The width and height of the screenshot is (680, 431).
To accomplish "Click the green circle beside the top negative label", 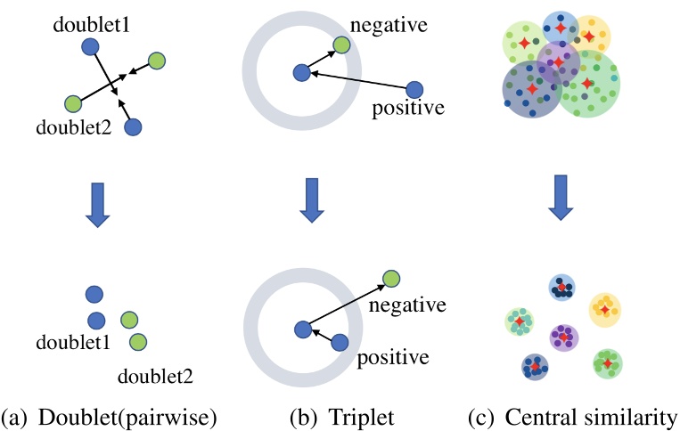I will coord(341,45).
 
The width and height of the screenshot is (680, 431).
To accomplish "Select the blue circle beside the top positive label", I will coord(414,89).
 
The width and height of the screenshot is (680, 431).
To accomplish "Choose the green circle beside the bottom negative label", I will coord(389,280).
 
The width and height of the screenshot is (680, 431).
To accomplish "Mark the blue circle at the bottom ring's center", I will coord(303,329).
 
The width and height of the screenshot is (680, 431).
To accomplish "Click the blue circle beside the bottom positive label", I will coord(340,342).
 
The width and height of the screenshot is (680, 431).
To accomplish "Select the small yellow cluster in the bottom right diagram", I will coord(604,308).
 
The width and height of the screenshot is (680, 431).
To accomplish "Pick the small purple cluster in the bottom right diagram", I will coord(563,337).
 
